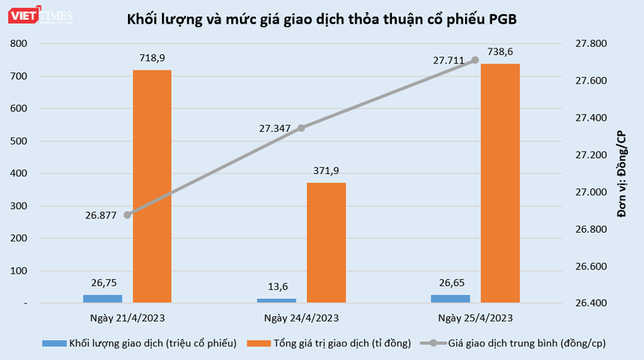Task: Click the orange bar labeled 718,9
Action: [152, 186]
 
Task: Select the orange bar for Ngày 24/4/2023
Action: [326, 242]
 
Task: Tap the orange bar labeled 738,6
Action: [500, 183]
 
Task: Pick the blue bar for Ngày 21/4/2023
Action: [103, 298]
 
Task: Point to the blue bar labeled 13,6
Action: [277, 300]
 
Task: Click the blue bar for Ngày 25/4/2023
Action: [451, 298]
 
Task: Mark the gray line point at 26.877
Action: [127, 215]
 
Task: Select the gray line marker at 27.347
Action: [301, 127]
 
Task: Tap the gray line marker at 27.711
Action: [475, 60]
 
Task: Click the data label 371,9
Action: [326, 171]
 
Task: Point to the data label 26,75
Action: [103, 282]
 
